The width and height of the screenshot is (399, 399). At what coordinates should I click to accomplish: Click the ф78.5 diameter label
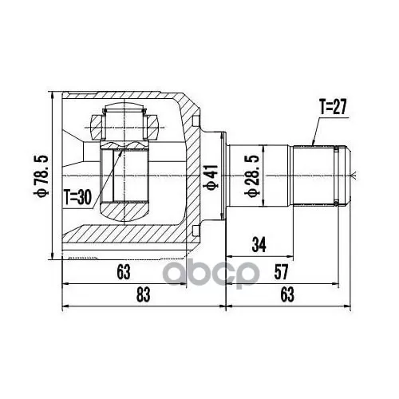tap(41, 176)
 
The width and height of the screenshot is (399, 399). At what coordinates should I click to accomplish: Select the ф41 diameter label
tap(212, 177)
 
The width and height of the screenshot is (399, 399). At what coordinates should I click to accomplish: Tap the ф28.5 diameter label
tap(251, 176)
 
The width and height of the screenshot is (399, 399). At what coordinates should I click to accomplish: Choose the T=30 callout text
tap(78, 197)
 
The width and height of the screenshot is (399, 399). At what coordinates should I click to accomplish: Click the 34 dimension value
tap(259, 245)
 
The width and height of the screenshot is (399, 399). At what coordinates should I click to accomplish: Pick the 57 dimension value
tap(281, 272)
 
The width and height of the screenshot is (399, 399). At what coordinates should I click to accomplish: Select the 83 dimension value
tap(144, 294)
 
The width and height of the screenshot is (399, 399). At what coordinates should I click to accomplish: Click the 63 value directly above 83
tap(124, 272)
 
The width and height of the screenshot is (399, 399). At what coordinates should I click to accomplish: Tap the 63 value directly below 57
tap(287, 294)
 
